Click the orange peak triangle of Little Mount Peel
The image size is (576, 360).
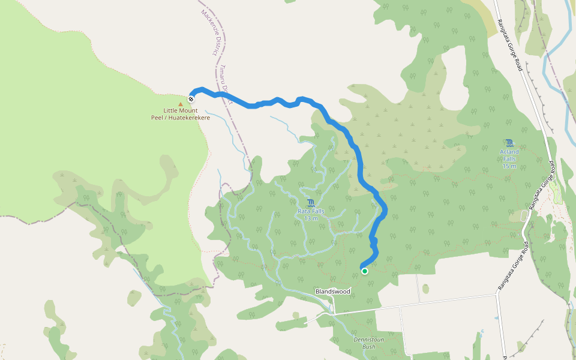181,104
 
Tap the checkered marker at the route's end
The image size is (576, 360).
191,98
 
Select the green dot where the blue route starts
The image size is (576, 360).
364,271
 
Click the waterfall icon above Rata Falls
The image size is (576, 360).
311,202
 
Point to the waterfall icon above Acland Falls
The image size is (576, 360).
509,143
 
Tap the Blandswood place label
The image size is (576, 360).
333,292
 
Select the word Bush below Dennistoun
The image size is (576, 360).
368,347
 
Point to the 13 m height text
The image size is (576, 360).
311,218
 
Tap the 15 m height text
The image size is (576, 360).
509,166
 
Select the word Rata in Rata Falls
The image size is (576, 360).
304,211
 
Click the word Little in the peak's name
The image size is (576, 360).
173,111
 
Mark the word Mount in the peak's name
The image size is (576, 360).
193,111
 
